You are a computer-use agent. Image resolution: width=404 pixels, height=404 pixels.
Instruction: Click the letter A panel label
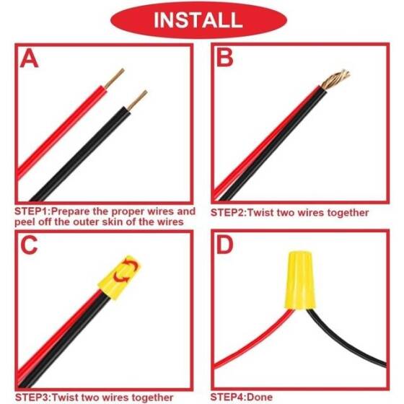pyautogui.click(x=30, y=59)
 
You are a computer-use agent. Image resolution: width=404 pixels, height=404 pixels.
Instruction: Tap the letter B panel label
pyautogui.click(x=225, y=58)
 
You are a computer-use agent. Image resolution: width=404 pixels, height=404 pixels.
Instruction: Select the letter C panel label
pyautogui.click(x=30, y=245)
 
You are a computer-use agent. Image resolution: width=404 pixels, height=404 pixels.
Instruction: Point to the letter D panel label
pyautogui.click(x=225, y=245)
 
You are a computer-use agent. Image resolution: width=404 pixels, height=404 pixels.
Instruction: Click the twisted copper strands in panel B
pyautogui.click(x=335, y=78)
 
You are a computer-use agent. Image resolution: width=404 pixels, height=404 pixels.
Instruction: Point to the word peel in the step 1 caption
pyautogui.click(x=26, y=222)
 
